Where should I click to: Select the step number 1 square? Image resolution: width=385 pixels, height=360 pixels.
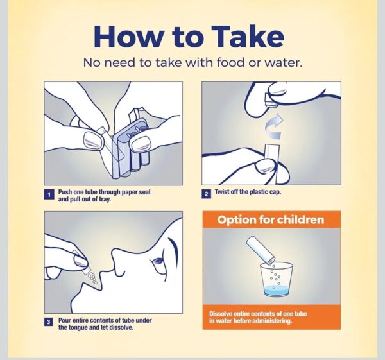49,194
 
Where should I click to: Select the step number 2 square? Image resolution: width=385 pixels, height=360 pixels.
206,194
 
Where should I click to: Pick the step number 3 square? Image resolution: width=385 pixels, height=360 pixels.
49,322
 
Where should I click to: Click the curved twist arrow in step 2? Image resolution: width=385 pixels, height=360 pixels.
274,126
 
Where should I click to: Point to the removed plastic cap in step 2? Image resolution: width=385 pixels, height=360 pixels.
271,101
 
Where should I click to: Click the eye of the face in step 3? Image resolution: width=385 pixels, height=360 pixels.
157,261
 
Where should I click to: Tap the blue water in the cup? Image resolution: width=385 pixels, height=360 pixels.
277,290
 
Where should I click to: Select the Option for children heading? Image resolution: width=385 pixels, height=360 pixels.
271,219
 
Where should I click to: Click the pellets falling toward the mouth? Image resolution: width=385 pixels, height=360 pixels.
92,279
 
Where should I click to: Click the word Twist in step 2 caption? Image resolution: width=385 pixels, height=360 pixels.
221,191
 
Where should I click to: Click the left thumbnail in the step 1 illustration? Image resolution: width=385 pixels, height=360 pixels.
93,141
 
